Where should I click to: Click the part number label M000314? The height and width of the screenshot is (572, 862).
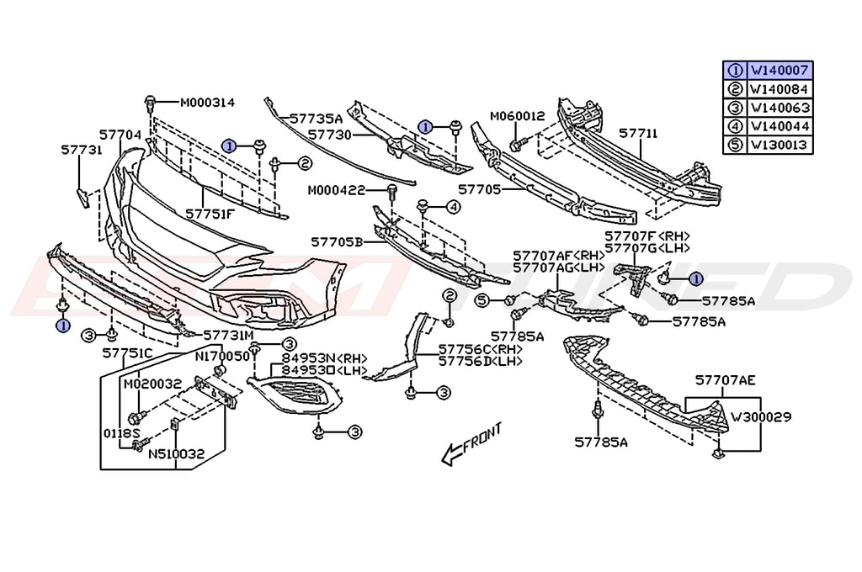(x=207, y=103)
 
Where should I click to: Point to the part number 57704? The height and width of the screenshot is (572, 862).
(x=120, y=134)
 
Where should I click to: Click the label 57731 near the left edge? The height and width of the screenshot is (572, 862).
(x=81, y=150)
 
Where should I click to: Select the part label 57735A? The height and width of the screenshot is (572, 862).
(x=316, y=119)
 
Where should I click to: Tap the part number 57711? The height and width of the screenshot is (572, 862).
(x=638, y=134)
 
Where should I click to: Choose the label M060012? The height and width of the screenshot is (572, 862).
(x=518, y=115)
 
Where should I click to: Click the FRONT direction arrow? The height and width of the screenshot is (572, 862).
(x=472, y=443)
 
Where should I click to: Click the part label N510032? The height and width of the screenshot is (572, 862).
(x=176, y=454)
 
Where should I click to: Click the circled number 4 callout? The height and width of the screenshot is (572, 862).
(x=453, y=206)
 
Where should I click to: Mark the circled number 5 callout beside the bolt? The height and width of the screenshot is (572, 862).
(x=482, y=299)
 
